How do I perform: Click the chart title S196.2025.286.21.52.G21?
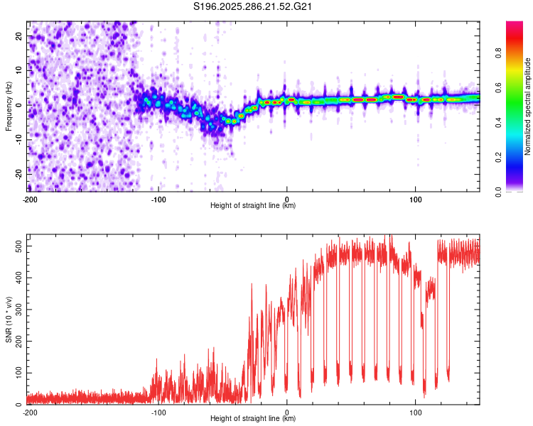(254, 7)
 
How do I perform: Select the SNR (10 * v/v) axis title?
(9, 319)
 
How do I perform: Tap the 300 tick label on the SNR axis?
(18, 310)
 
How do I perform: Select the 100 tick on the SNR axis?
(18, 373)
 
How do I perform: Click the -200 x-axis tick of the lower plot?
(30, 412)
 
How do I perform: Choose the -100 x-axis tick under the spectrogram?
(158, 200)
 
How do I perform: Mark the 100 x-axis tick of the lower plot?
(416, 412)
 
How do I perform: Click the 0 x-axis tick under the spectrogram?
(287, 200)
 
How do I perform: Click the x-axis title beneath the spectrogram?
(254, 206)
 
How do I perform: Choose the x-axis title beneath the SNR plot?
(254, 418)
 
